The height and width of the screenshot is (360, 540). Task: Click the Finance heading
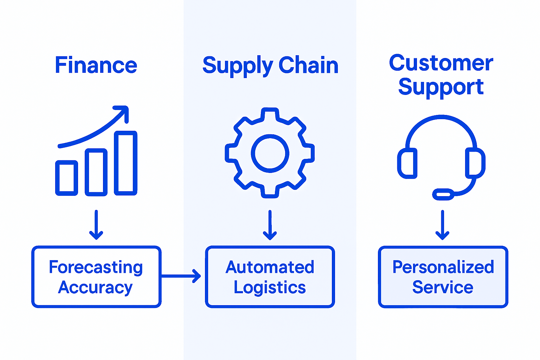coord(96,65)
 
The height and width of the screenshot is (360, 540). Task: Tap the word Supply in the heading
coord(238,66)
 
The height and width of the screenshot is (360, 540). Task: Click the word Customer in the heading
coord(441,63)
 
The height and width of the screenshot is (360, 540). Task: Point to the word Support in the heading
coord(441,87)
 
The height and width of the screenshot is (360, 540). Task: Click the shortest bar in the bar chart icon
coord(66,178)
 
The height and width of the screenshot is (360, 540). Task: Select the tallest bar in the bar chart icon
coord(126,163)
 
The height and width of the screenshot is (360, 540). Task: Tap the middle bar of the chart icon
coord(96,172)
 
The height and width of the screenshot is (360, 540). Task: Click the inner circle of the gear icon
coord(270,153)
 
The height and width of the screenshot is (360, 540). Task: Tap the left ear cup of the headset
coord(407,163)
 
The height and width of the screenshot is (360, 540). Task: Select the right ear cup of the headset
coord(475,163)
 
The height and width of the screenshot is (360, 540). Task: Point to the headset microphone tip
coord(443,194)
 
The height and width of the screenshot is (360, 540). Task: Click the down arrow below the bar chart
coord(96,225)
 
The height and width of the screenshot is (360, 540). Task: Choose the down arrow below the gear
coord(270,225)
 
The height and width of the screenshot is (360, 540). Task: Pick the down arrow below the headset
coord(442,225)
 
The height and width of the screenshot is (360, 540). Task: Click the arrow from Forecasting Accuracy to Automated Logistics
coord(181,276)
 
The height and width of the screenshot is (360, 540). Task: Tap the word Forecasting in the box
coord(96,267)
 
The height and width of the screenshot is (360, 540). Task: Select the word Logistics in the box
coord(270,288)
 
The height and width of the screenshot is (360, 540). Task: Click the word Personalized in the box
coord(443,267)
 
